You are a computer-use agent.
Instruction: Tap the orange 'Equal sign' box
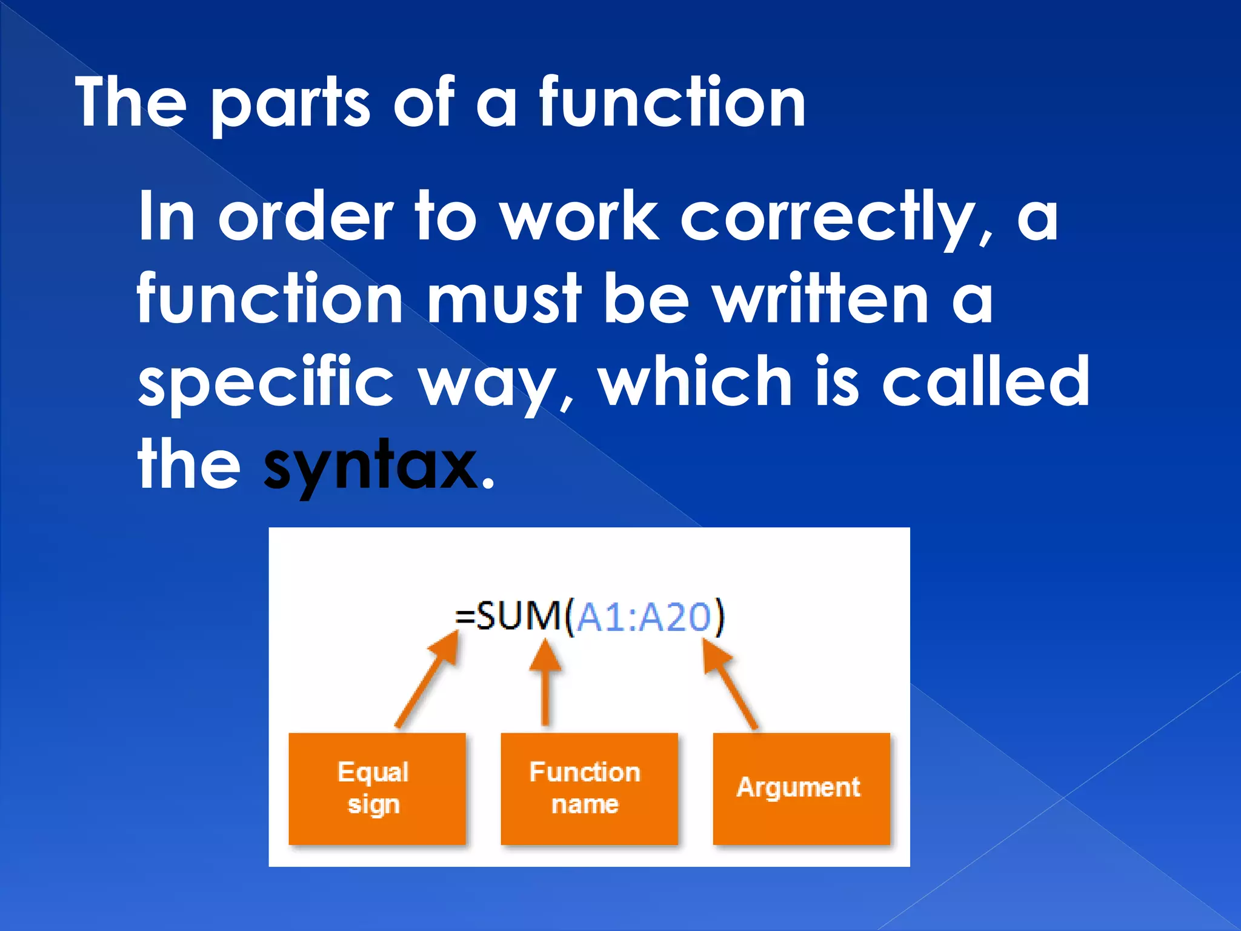point(377,788)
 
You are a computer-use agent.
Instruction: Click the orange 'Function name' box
point(588,788)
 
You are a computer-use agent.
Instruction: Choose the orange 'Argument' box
point(800,788)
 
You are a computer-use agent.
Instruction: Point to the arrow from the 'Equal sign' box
point(427,679)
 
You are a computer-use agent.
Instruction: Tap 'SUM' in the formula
point(519,617)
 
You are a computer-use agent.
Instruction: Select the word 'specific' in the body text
point(266,382)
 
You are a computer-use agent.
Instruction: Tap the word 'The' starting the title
point(131,103)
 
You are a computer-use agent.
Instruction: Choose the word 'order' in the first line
point(306,217)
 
